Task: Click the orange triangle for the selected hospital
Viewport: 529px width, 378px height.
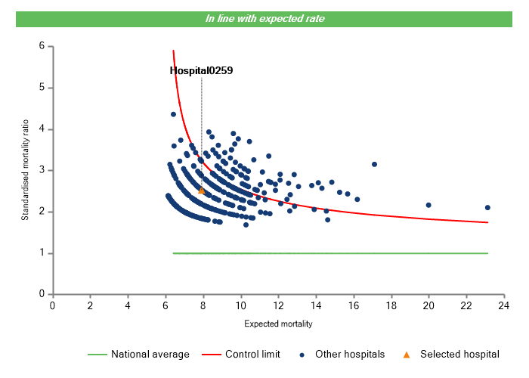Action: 201,191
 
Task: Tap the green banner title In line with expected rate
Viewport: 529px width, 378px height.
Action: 265,18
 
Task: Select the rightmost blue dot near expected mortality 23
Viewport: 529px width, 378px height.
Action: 487,207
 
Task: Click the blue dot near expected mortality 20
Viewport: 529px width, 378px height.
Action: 428,205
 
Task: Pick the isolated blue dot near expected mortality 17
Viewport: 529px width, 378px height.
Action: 374,164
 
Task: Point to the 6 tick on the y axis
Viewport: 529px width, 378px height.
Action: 42,46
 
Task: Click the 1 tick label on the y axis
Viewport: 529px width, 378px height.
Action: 42,253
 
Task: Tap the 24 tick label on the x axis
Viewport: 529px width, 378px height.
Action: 504,305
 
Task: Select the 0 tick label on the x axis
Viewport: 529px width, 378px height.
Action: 52,305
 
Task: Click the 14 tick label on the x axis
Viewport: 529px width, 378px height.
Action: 316,305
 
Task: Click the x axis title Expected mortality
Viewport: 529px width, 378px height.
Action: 278,324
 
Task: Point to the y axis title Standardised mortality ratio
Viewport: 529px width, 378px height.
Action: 25,170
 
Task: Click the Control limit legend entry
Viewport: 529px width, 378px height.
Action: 242,354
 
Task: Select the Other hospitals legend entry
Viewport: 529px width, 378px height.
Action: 344,354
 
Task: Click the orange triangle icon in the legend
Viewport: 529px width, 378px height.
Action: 407,354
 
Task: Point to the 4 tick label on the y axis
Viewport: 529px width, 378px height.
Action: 42,129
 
